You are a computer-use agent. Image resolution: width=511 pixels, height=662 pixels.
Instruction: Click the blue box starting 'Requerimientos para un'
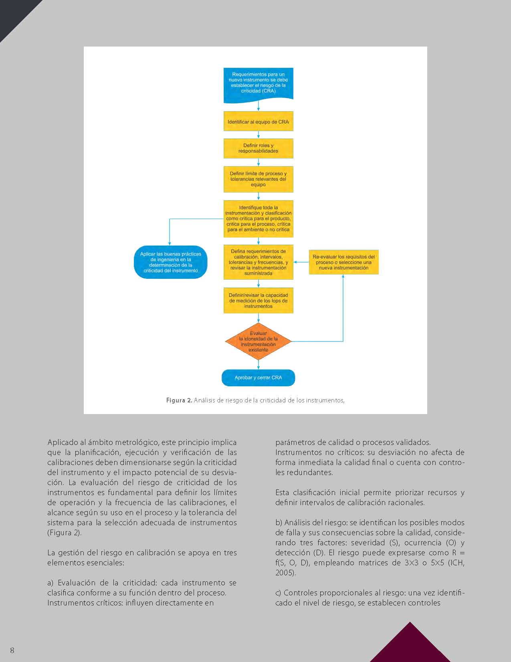[x=259, y=83]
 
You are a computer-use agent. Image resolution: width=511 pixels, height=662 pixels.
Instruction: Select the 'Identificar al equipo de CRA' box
[x=259, y=122]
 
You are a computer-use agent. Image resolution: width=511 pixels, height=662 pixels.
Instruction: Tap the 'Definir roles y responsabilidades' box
[x=259, y=148]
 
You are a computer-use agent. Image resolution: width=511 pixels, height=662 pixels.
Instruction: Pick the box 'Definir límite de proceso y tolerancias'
[x=259, y=179]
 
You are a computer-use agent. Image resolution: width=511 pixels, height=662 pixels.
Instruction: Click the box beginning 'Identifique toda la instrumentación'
[x=259, y=219]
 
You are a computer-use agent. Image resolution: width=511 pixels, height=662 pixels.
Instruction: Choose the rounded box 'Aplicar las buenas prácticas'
[x=171, y=262]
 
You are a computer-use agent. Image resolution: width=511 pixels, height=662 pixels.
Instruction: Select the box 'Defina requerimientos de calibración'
[x=259, y=262]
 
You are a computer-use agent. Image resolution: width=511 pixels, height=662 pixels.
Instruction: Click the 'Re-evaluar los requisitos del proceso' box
[x=343, y=262]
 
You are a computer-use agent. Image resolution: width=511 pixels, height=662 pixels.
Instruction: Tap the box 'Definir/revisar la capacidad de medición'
[x=259, y=301]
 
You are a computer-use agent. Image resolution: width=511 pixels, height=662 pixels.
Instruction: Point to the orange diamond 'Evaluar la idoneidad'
[x=259, y=341]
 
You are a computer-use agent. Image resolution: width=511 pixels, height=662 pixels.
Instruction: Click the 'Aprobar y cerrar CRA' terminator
[x=259, y=378]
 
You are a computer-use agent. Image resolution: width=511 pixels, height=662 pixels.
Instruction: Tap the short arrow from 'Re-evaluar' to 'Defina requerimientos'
[x=301, y=262]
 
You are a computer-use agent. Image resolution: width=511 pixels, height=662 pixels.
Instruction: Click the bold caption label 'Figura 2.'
[x=179, y=400]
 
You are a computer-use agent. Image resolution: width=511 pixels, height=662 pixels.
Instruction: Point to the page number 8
[x=12, y=650]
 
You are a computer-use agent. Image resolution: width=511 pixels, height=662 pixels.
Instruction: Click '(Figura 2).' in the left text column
[x=65, y=533]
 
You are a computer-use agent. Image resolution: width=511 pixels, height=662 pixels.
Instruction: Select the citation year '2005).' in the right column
[x=285, y=573]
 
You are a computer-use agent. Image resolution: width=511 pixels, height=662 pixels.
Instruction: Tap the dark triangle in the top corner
[x=14, y=14]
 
